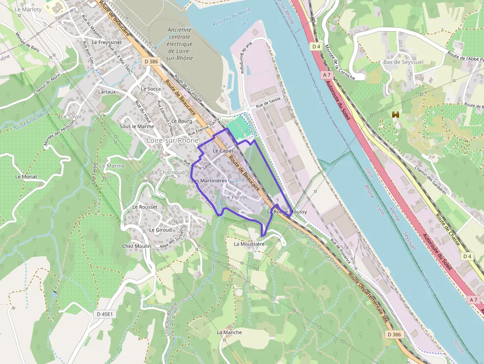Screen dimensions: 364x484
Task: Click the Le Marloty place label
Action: click(x=28, y=9)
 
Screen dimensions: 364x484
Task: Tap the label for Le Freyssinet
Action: click(x=106, y=42)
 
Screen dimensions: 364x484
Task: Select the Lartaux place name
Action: click(x=107, y=92)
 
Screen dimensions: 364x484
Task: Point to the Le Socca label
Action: click(x=151, y=89)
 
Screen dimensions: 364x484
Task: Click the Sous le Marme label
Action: click(x=137, y=126)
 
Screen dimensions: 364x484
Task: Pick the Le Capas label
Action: click(x=223, y=150)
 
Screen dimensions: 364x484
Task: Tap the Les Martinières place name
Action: click(x=209, y=181)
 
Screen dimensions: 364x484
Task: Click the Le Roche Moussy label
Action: click(x=287, y=212)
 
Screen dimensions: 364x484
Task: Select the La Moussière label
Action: click(x=249, y=244)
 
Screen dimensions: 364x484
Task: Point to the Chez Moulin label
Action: click(x=136, y=246)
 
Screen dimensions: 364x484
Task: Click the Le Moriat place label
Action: click(x=26, y=176)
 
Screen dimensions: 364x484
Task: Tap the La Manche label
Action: click(x=230, y=332)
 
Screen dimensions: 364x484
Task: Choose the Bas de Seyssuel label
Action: click(x=403, y=62)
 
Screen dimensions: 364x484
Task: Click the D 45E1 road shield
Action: click(x=105, y=314)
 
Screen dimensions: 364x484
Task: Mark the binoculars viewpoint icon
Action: click(x=396, y=115)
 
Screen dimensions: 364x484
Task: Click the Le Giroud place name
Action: click(x=161, y=230)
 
